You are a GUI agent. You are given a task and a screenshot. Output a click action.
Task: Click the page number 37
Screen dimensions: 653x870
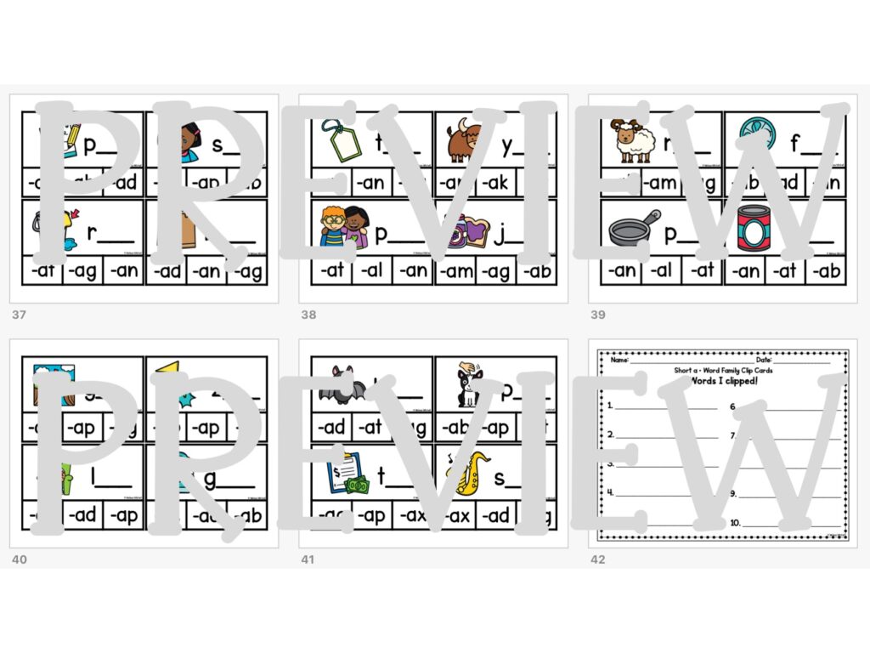[19, 315]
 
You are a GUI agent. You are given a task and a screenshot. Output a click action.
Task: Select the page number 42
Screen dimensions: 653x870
[598, 559]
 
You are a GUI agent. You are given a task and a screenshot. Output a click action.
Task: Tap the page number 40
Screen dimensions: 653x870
[19, 559]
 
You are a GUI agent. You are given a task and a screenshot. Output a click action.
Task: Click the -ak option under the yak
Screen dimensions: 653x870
[496, 182]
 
